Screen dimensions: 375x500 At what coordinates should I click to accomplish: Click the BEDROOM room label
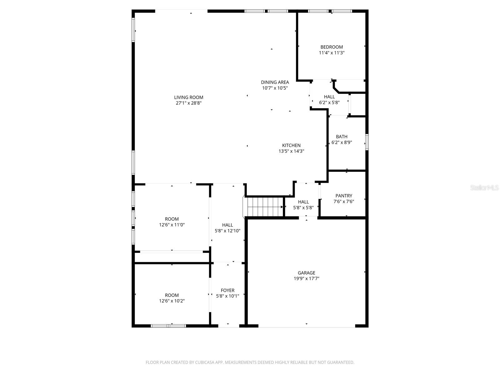(332, 47)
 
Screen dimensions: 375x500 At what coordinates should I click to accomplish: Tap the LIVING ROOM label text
(188, 97)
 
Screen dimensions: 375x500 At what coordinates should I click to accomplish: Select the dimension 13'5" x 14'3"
(291, 151)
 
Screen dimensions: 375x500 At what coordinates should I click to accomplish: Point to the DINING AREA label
(275, 82)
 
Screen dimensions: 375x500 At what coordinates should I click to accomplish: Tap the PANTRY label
(344, 196)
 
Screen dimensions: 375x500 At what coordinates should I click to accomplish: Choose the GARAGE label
(306, 273)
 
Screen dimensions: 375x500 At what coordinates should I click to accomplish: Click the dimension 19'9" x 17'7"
(306, 279)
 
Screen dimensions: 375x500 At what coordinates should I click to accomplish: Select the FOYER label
(227, 290)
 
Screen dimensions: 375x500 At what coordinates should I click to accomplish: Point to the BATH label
(342, 137)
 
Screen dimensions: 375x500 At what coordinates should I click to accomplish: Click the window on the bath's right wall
(367, 142)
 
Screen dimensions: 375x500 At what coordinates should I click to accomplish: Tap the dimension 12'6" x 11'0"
(172, 225)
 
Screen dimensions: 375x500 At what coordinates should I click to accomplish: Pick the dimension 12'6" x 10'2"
(172, 301)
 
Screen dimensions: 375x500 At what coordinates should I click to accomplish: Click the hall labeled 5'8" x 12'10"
(227, 225)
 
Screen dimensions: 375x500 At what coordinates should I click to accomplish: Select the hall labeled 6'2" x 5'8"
(329, 97)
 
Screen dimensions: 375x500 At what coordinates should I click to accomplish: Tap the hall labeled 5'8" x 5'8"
(303, 202)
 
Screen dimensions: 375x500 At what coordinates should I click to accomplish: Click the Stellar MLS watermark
(485, 188)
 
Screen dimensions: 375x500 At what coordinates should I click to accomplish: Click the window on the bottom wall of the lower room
(168, 326)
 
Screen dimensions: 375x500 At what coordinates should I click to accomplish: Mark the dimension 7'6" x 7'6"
(344, 202)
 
